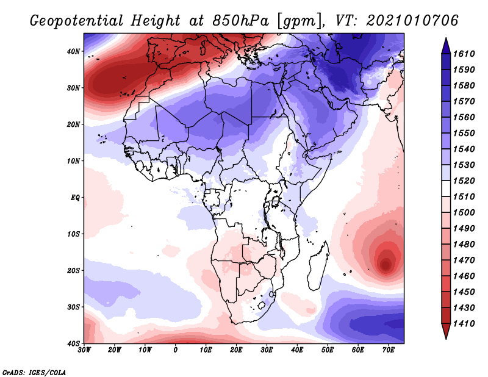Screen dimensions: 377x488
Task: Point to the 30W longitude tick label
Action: [x=84, y=350]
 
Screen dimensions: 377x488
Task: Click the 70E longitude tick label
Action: [x=389, y=350]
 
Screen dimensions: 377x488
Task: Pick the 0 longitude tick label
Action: [x=176, y=350]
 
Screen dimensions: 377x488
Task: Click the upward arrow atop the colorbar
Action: [x=445, y=45]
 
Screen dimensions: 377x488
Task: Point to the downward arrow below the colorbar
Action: [x=445, y=332]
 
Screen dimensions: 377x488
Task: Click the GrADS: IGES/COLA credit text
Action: [x=34, y=372]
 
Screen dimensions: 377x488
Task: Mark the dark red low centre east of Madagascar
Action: [x=386, y=264]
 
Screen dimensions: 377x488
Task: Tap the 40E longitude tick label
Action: [x=297, y=350]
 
